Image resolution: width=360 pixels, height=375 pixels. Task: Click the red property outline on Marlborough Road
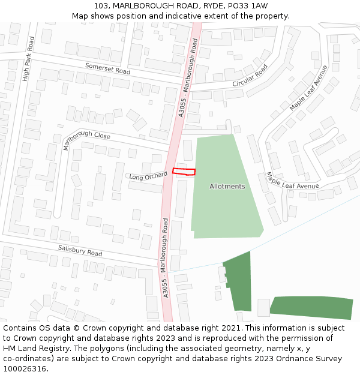(184, 172)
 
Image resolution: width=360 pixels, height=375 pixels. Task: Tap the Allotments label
(227, 186)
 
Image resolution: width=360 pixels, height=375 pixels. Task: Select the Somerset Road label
(107, 68)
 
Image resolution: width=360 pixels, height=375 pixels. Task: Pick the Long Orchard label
(148, 176)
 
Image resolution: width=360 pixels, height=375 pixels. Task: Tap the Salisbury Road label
(80, 251)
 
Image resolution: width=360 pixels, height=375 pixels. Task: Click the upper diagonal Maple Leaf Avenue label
(309, 88)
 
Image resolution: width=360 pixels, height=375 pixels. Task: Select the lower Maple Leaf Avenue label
(292, 182)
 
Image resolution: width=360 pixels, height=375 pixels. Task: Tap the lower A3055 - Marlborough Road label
(166, 258)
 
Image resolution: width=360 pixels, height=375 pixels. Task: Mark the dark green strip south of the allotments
(238, 281)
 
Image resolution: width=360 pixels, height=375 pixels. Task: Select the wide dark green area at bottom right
(312, 307)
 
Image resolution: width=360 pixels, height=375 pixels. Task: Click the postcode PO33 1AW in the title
(247, 5)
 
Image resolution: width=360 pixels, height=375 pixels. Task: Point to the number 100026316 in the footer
(26, 369)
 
